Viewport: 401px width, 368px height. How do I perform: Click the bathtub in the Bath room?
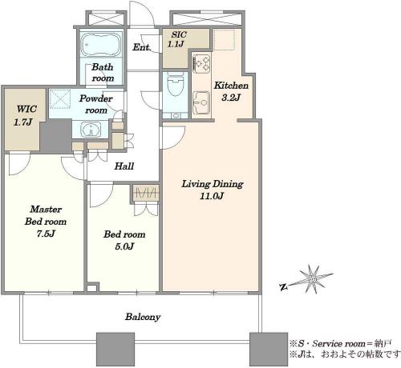tap(101, 44)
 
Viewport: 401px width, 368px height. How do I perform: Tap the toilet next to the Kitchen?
tap(176, 84)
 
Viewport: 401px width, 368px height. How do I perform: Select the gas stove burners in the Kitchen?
tap(201, 63)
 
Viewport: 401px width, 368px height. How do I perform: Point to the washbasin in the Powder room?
tap(91, 130)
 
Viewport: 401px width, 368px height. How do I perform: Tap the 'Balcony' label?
tap(143, 317)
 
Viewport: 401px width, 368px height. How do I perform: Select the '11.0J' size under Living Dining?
tap(212, 196)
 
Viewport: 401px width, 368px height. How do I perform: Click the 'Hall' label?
tap(124, 166)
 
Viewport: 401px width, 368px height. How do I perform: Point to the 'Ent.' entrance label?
tap(141, 47)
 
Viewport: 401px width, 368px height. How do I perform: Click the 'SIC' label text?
tap(179, 34)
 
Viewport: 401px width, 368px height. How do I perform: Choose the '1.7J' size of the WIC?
tap(23, 122)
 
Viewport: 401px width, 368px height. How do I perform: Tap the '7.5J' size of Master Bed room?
tap(46, 234)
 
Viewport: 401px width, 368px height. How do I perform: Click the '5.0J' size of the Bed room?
tap(124, 246)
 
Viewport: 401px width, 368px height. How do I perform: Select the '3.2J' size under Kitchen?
tap(231, 98)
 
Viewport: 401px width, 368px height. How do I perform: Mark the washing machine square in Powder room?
tap(60, 99)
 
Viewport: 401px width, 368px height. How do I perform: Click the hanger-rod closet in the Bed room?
tap(146, 192)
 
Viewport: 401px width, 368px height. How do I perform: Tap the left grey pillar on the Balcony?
tap(115, 349)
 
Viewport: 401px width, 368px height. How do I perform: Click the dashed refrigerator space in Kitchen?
tap(224, 39)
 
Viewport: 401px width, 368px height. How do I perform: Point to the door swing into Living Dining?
tap(172, 138)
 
